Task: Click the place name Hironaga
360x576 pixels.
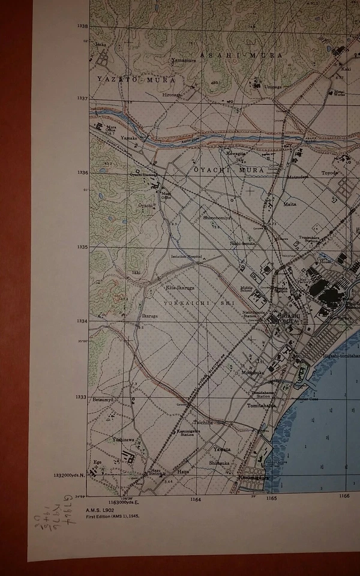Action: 170,94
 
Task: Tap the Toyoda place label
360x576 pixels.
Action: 329,173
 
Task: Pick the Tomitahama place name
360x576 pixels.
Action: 262,406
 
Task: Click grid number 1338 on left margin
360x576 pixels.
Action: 82,26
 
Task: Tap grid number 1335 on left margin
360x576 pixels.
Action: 82,247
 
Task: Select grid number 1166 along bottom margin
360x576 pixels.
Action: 344,496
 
